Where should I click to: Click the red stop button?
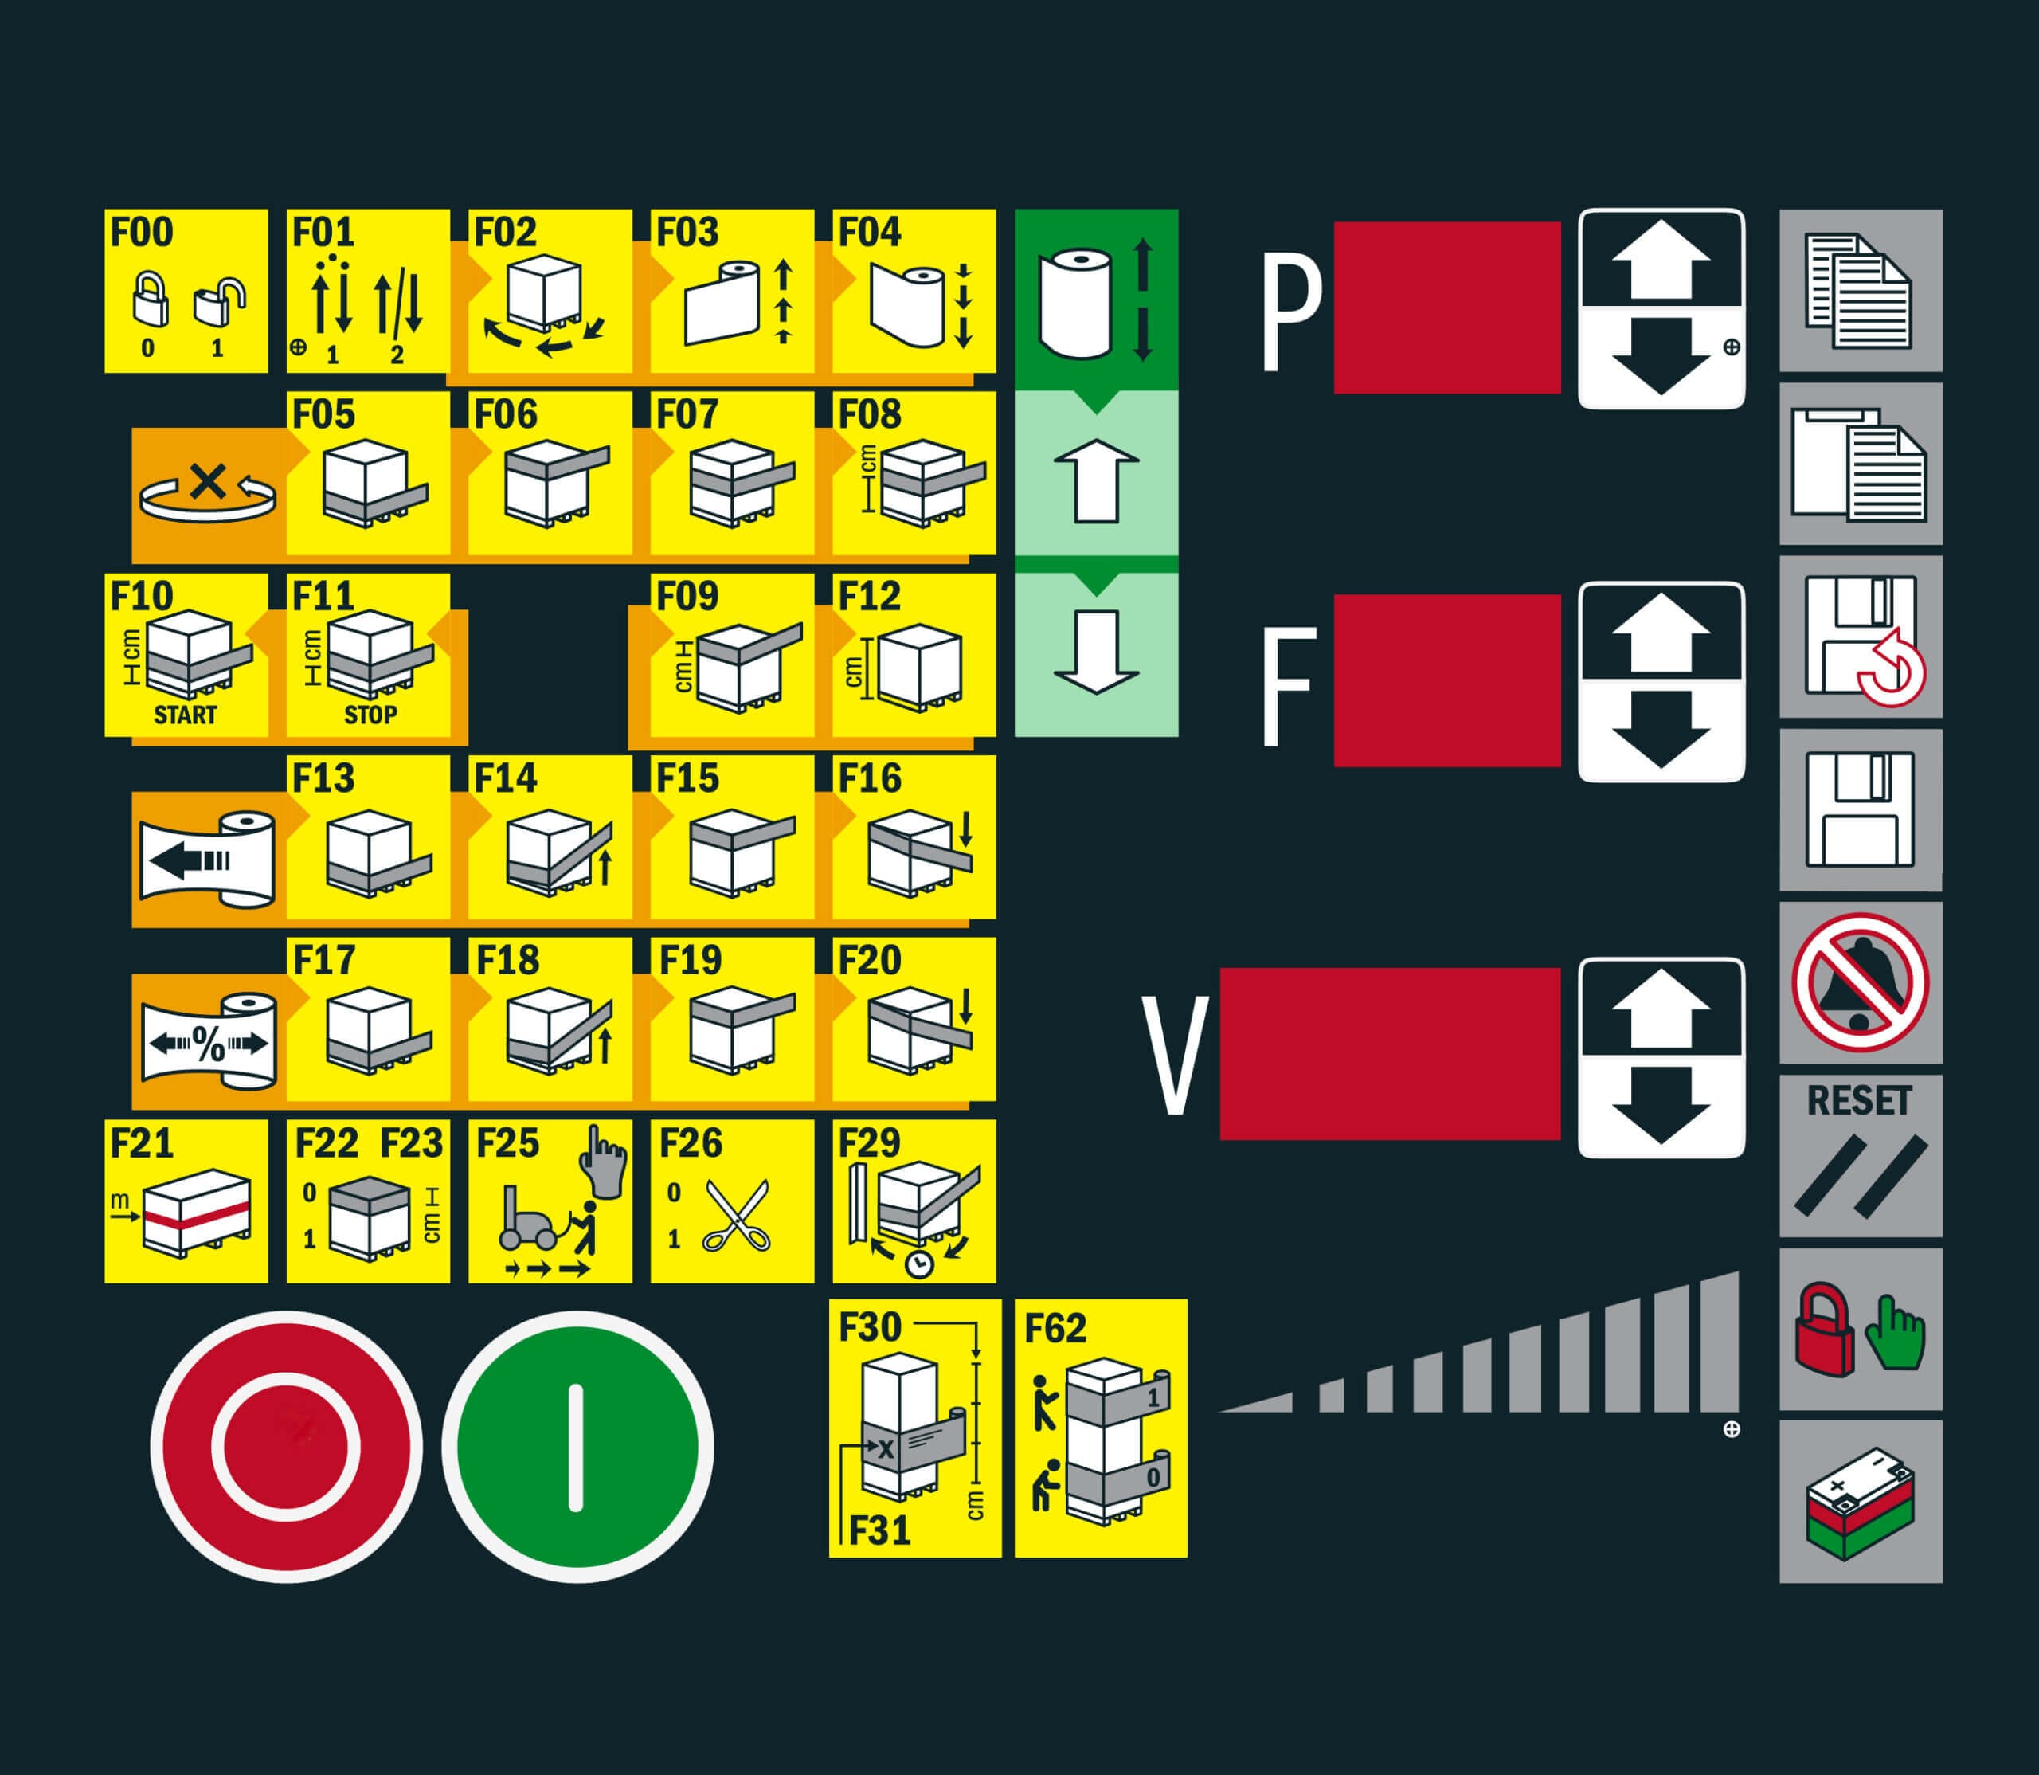pos(286,1447)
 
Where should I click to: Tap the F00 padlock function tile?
pos(186,292)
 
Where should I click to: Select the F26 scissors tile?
pos(732,1201)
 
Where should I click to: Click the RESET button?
pos(1861,1156)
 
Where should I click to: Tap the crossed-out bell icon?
pos(1861,982)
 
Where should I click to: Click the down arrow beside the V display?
pos(1661,1107)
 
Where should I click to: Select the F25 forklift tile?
pos(550,1201)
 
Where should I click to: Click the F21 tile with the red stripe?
pos(186,1201)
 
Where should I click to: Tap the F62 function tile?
pos(1100,1428)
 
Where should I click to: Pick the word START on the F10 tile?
pos(186,714)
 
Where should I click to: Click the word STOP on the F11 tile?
pos(370,714)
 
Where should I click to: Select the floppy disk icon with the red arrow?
pos(1861,637)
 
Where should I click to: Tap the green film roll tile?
pos(1096,301)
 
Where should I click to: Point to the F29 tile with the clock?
pos(914,1201)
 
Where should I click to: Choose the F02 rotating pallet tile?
pos(550,292)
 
